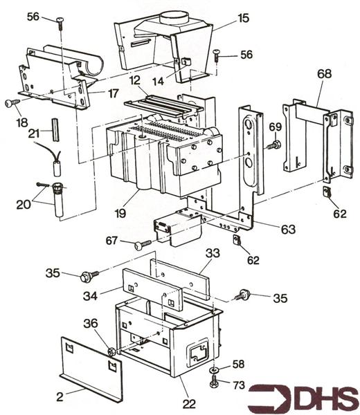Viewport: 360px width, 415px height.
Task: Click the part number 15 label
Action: (x=243, y=18)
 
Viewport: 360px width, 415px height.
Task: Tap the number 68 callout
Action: (x=324, y=73)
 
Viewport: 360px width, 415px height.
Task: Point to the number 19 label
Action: (x=120, y=213)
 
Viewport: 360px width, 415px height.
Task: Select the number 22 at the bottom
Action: (x=189, y=404)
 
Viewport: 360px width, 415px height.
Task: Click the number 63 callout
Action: (x=288, y=229)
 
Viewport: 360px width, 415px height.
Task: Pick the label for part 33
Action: (x=213, y=253)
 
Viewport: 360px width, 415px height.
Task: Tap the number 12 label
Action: (x=135, y=80)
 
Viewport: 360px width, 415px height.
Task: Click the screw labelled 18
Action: (x=12, y=102)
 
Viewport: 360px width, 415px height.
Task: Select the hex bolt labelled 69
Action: (x=273, y=145)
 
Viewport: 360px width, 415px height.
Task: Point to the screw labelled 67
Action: (x=143, y=245)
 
